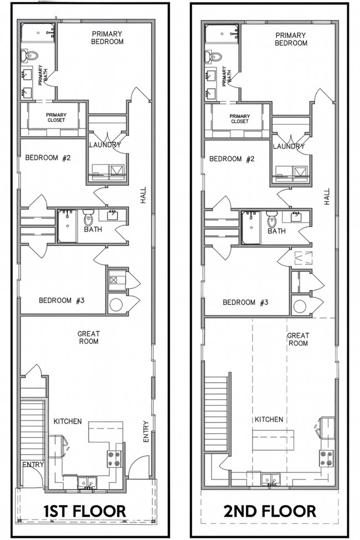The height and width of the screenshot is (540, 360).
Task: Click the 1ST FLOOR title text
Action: point(85,510)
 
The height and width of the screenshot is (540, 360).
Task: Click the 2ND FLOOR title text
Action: point(270,510)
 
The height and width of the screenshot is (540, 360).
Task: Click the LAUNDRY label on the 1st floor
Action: point(105,145)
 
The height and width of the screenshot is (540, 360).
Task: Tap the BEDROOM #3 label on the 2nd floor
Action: point(246,302)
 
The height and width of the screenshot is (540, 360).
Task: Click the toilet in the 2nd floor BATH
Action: point(271,218)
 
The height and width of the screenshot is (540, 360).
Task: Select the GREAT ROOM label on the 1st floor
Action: point(88,337)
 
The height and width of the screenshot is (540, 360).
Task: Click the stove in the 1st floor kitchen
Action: point(114,457)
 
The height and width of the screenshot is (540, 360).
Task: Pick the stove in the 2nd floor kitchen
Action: point(326,457)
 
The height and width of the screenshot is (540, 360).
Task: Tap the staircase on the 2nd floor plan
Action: point(216,413)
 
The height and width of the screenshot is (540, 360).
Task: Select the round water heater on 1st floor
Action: point(116,305)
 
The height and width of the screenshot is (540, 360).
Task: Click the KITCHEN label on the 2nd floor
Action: point(269,420)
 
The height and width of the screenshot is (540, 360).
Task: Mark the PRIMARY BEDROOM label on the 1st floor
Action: point(107,37)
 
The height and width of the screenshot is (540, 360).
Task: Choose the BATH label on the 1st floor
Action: point(92,229)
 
